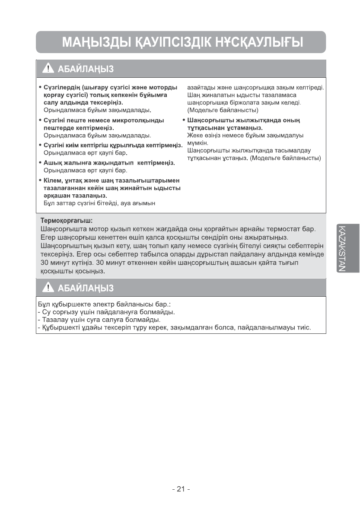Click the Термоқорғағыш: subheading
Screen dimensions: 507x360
pyautogui.click(x=66, y=220)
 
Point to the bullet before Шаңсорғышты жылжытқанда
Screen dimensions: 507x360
pyautogui.click(x=184, y=120)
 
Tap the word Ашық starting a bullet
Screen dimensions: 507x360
pyautogui.click(x=52, y=162)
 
